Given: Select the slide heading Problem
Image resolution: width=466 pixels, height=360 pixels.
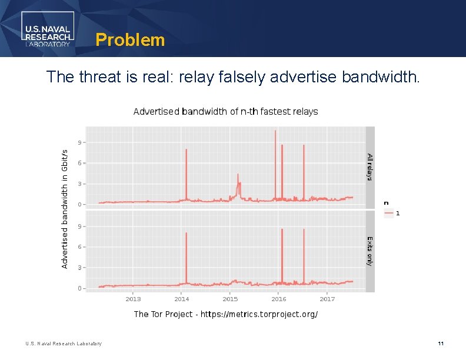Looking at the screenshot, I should tap(130, 40).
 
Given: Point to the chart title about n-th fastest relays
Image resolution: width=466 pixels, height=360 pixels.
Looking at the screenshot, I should tap(225, 111).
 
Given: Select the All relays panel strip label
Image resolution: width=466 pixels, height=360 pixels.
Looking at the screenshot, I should tap(370, 167).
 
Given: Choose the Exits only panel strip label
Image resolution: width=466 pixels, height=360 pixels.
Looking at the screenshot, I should tap(370, 251).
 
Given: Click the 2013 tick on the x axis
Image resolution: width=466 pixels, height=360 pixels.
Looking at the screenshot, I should tap(133, 299).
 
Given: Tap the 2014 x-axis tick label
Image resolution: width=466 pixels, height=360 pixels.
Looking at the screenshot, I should tap(181, 299).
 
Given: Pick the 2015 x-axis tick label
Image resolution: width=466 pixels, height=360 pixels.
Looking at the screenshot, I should tap(230, 299).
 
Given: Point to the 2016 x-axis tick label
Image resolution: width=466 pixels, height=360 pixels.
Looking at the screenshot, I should tap(278, 299).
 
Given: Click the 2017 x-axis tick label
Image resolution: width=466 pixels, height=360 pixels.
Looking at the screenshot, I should tap(327, 299).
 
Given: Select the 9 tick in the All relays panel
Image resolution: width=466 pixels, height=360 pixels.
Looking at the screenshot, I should tap(79, 142).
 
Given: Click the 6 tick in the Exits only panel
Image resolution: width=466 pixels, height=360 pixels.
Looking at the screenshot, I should tap(79, 247).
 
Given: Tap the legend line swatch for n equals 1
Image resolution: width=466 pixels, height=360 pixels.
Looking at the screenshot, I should tap(388, 214).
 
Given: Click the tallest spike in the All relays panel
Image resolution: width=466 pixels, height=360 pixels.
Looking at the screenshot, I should tap(275, 132).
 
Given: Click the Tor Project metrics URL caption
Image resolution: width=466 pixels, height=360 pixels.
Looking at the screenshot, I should tap(225, 314).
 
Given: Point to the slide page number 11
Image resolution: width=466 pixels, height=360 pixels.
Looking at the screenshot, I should tap(440, 344).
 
